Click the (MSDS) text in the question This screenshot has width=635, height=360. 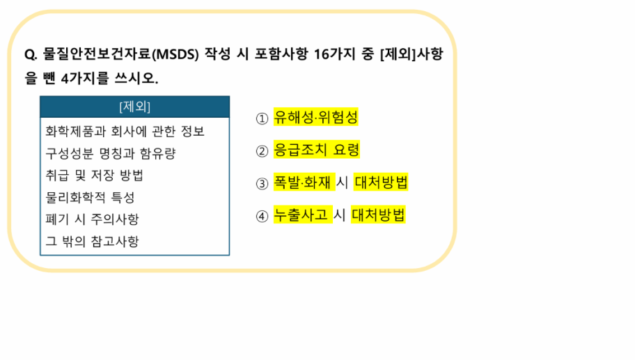tap(175, 54)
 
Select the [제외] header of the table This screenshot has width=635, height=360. tap(135, 107)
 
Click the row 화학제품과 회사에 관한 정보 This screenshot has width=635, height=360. tap(125, 131)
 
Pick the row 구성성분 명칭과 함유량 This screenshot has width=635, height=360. tap(111, 153)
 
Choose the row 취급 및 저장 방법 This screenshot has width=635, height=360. tap(95, 175)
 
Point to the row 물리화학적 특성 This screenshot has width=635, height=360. tap(90, 198)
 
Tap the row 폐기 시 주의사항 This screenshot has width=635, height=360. tap(93, 219)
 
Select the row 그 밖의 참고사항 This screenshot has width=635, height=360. tap(93, 242)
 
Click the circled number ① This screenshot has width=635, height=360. tap(262, 118)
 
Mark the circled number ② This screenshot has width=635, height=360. tap(262, 152)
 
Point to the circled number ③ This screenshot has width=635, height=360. tap(262, 184)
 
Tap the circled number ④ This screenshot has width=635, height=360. tap(262, 217)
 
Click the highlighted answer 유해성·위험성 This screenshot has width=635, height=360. tap(316, 117)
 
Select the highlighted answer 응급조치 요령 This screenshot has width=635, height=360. tap(317, 150)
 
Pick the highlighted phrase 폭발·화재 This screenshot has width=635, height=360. tap(304, 182)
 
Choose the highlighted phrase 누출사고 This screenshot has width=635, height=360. tap(303, 215)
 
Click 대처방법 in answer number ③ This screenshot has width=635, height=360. tap(381, 182)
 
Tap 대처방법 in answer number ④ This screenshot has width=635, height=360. tap(378, 215)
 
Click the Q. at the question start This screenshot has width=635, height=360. tap(31, 54)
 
